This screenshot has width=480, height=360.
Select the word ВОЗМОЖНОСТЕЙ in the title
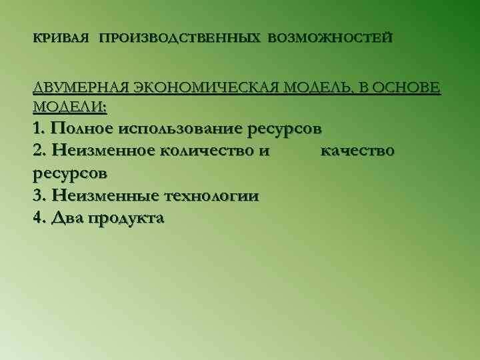click(x=330, y=39)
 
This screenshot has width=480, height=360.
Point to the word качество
click(x=357, y=150)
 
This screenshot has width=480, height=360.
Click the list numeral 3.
click(x=37, y=195)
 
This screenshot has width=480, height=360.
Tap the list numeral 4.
click(x=37, y=218)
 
